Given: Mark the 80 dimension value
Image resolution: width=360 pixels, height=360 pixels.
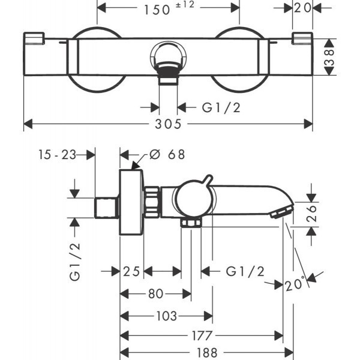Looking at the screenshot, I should [155, 294].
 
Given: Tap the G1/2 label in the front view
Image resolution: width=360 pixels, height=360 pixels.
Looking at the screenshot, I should [218, 107].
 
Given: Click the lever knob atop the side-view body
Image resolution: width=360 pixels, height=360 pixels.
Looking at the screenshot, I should [208, 179].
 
